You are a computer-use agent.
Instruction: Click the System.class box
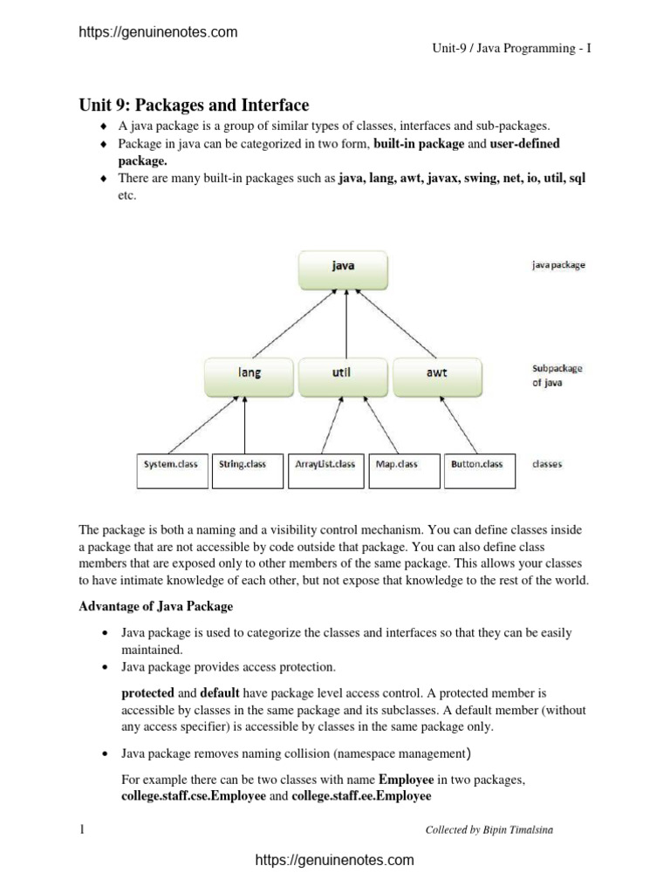click(x=171, y=465)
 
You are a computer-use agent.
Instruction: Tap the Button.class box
click(x=477, y=465)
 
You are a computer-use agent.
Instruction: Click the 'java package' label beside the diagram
click(x=558, y=266)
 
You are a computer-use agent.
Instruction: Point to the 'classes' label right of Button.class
click(x=547, y=465)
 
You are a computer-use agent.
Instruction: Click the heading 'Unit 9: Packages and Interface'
click(x=194, y=106)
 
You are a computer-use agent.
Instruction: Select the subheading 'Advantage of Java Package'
click(x=156, y=606)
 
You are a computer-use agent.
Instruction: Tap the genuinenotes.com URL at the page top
click(x=158, y=32)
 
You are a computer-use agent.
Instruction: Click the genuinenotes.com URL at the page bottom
click(x=334, y=861)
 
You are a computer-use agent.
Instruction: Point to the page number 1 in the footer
click(x=82, y=829)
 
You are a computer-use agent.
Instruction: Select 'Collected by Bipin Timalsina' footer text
click(x=489, y=830)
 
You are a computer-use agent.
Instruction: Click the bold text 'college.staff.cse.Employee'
click(x=194, y=796)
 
